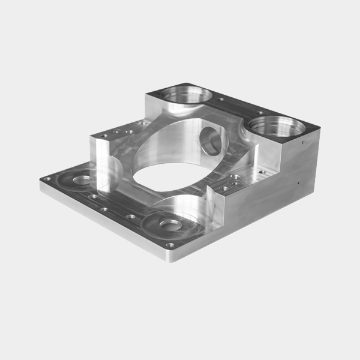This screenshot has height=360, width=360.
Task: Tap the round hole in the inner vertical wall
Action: point(211,140)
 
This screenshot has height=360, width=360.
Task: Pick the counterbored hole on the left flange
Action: point(82,179)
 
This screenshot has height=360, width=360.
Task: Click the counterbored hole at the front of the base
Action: point(172,226)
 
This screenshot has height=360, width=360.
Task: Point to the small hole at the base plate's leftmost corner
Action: point(47,179)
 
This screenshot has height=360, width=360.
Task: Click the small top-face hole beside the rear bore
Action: point(220,99)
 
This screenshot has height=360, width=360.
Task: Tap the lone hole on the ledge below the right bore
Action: point(260,170)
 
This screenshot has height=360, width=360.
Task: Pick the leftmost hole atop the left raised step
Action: point(105,136)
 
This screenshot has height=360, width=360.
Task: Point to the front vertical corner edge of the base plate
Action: point(164,255)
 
